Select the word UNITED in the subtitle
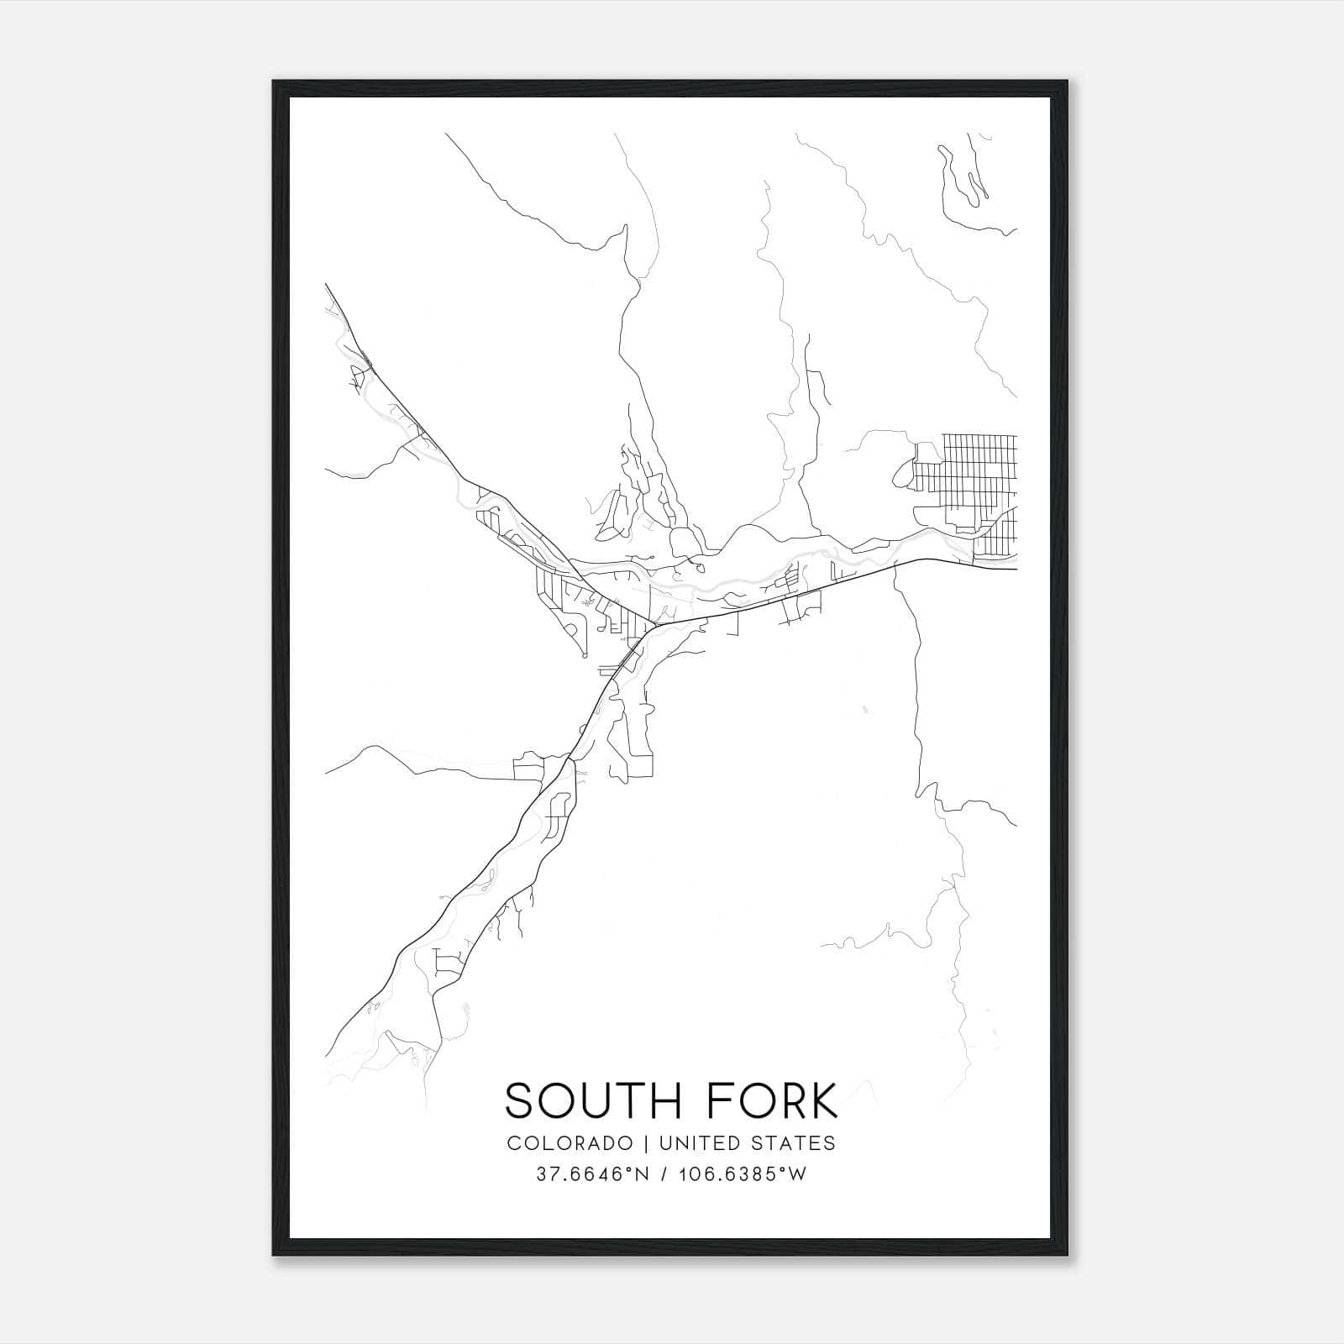[x=695, y=1142]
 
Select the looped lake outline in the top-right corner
[x=966, y=181]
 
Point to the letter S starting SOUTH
[x=519, y=1100]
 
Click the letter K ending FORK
[x=824, y=1100]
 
